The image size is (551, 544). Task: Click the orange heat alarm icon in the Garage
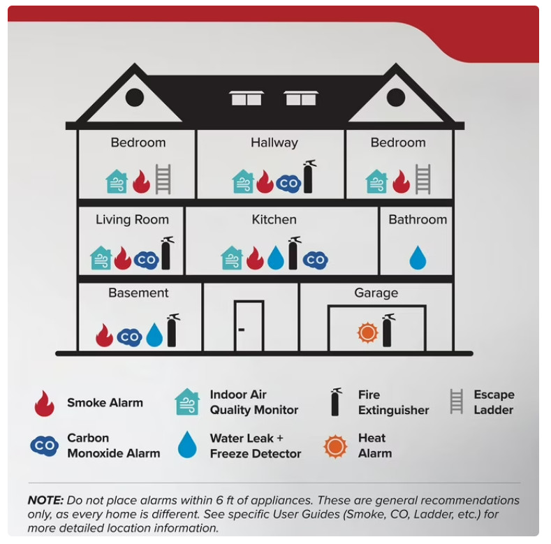(367, 332)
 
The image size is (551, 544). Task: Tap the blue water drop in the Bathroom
(418, 258)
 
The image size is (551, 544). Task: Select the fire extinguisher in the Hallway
(309, 177)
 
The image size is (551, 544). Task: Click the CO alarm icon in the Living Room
(147, 260)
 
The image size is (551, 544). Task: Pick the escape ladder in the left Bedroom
(163, 179)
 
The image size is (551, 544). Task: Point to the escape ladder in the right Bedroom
(423, 179)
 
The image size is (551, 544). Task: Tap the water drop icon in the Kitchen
(276, 258)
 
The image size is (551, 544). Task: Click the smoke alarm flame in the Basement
(104, 335)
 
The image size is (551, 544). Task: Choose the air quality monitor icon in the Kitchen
(232, 258)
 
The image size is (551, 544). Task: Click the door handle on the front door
(242, 330)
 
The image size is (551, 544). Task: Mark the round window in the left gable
(135, 97)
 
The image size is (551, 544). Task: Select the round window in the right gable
(396, 97)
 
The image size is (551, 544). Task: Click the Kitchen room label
(274, 220)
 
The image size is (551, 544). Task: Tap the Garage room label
(376, 293)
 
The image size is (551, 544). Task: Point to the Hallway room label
(274, 142)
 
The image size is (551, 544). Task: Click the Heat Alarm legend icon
(336, 446)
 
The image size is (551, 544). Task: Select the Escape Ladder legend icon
(457, 402)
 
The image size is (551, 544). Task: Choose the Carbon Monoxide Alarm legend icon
(45, 446)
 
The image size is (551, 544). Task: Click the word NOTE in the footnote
(45, 500)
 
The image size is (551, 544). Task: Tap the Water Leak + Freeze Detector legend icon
(187, 445)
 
